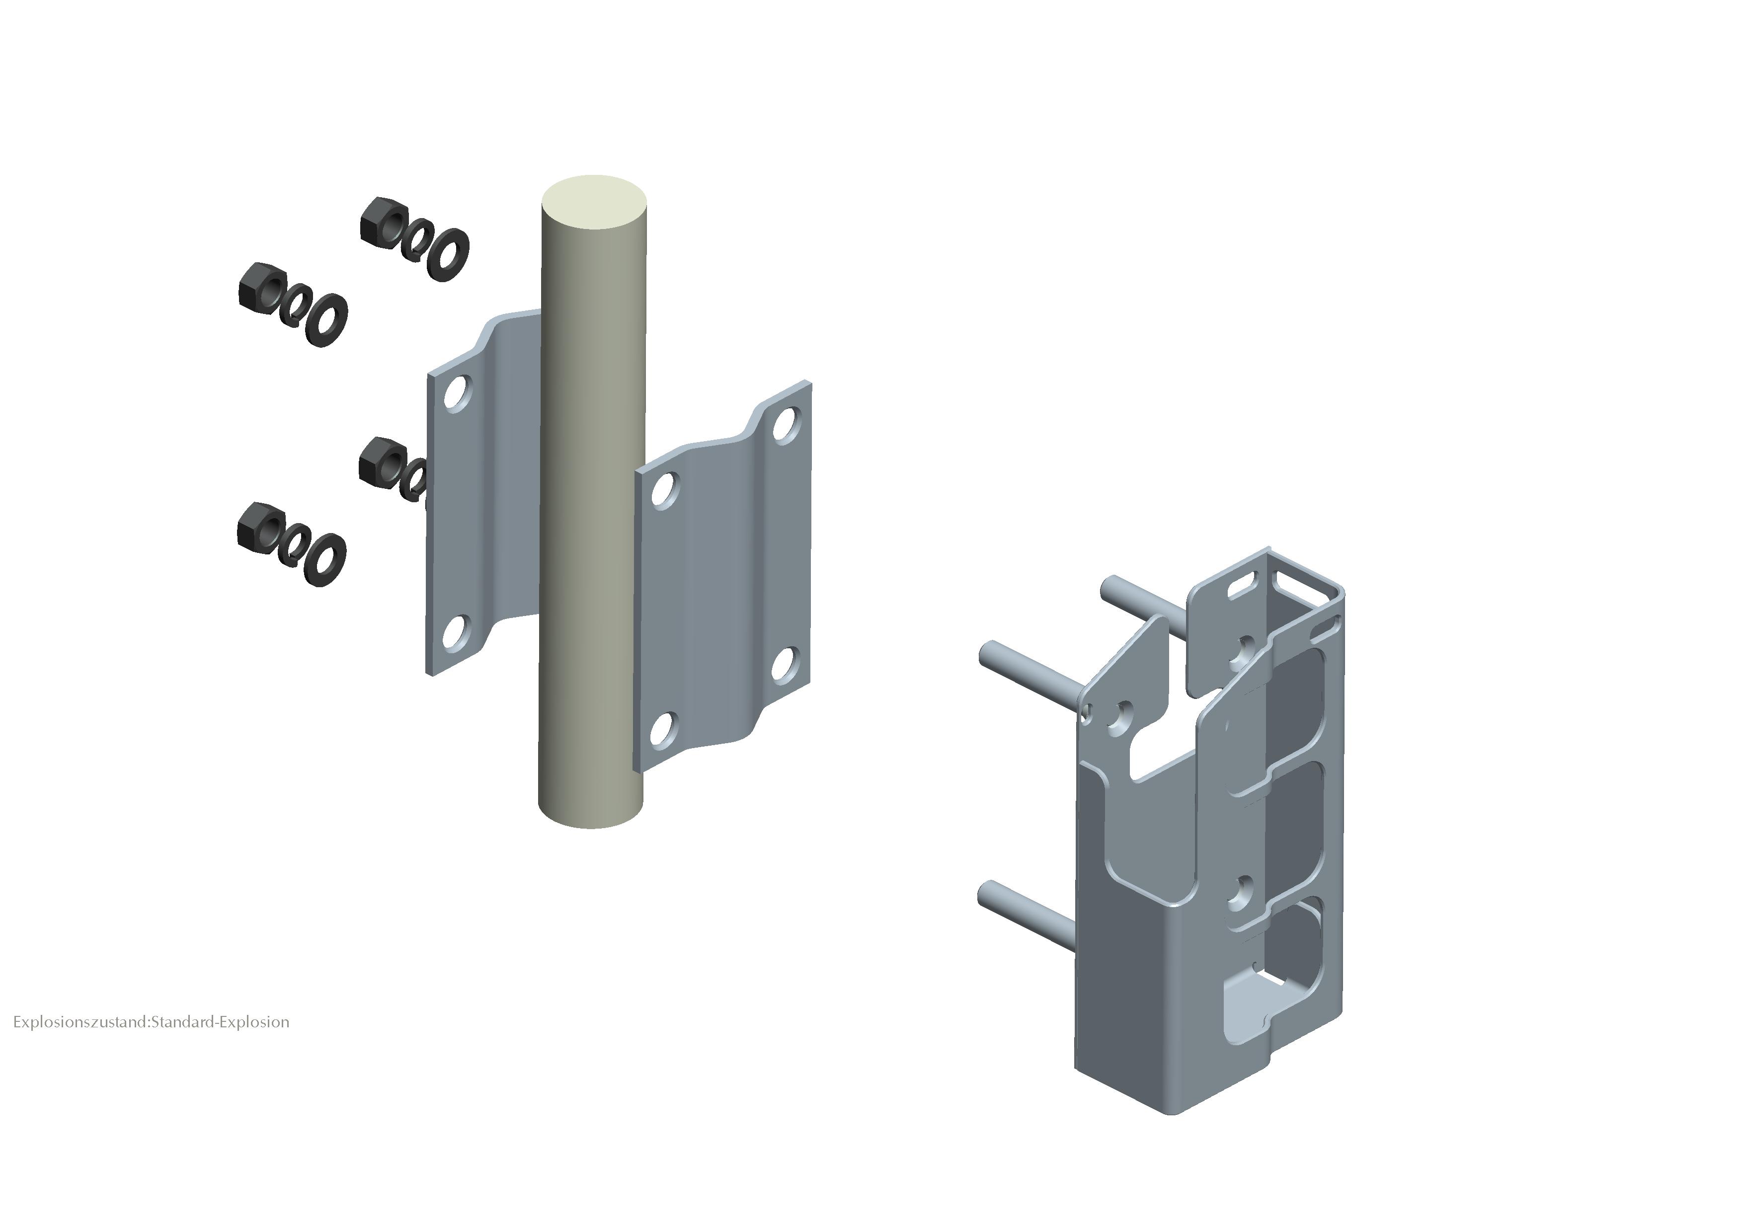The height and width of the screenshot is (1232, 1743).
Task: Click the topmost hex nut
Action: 382,223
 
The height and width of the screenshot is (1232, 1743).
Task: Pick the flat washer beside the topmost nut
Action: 448,254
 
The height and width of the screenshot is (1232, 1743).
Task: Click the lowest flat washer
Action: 325,560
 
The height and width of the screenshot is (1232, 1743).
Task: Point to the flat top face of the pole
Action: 594,201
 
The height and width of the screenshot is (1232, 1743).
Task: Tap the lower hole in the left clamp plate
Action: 454,633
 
